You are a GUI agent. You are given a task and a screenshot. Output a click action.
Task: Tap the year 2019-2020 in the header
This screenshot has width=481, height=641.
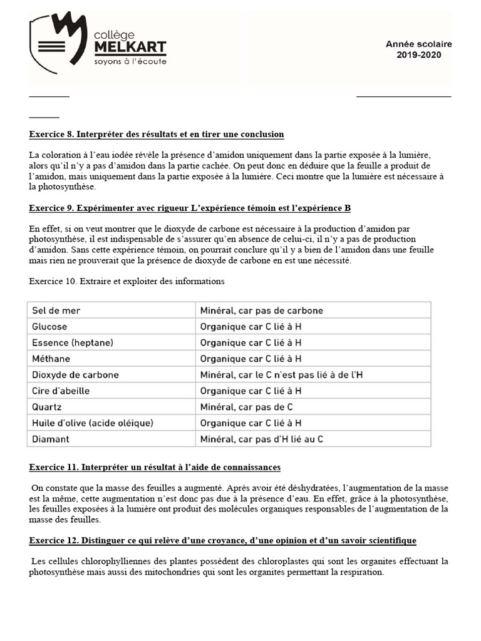coord(418,54)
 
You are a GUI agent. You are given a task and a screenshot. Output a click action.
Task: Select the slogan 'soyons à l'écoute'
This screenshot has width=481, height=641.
coord(130,62)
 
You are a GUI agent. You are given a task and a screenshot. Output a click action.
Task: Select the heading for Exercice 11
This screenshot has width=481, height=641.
coord(155,468)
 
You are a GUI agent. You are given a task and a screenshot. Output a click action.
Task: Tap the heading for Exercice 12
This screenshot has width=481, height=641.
coord(222,540)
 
